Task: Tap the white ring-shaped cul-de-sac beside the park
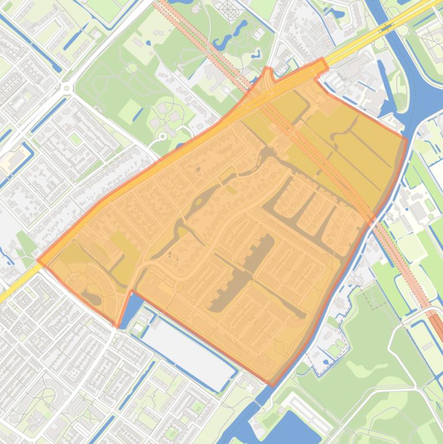click(162, 137)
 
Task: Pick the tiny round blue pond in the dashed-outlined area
click(326, 363)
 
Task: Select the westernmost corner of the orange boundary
click(38, 260)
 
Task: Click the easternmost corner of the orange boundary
click(407, 138)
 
